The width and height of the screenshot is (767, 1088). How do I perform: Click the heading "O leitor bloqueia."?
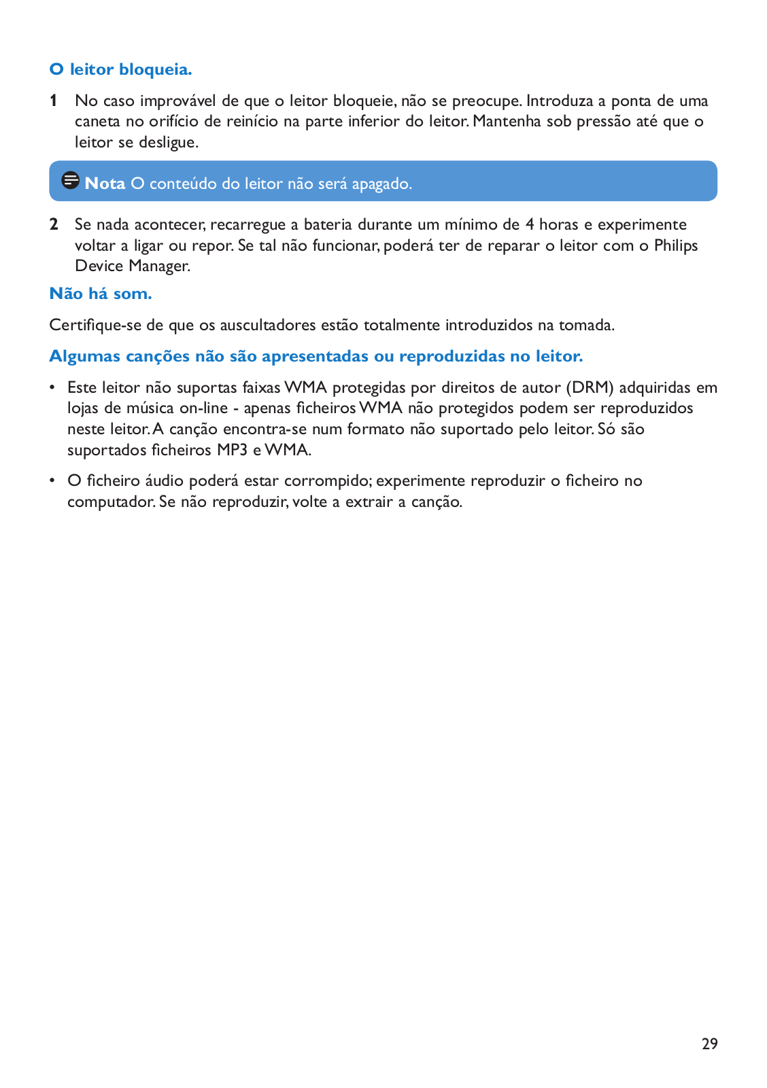pos(121,69)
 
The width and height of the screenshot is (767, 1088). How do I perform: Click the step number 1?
pos(53,101)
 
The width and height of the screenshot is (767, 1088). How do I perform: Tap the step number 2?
pos(54,225)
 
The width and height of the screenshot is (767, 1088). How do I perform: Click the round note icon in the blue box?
pos(70,181)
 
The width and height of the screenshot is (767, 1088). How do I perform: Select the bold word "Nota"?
pos(105,183)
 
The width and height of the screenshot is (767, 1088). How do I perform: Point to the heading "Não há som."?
pos(101,294)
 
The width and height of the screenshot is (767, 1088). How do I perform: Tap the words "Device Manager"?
pos(132,266)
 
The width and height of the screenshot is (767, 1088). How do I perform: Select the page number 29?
pos(709,1044)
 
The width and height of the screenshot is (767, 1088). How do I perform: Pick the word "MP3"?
pos(232,450)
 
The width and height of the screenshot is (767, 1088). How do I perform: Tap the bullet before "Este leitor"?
pos(52,388)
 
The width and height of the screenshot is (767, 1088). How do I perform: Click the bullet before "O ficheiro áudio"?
pos(52,481)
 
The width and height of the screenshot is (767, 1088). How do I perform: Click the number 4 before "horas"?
pos(530,225)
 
